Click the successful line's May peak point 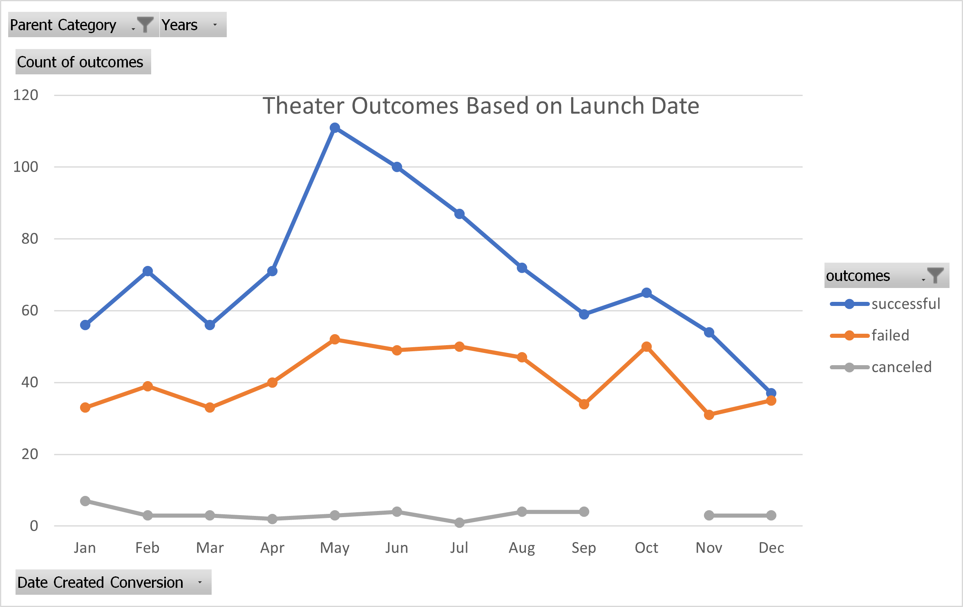click(335, 128)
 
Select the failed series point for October click(646, 347)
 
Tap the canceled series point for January click(85, 501)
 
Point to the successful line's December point click(771, 393)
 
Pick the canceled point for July click(459, 522)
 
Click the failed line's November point click(709, 415)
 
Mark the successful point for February click(147, 271)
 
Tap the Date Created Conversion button click(113, 582)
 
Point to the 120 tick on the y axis click(26, 95)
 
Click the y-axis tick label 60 click(29, 310)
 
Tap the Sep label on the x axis click(584, 548)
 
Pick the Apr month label click(272, 548)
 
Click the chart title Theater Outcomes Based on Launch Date click(480, 106)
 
